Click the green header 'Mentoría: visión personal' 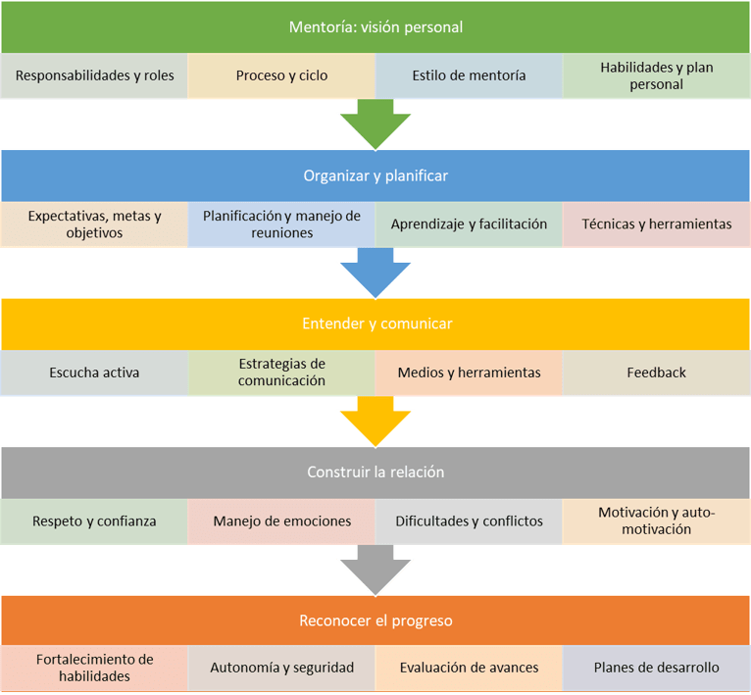click(375, 26)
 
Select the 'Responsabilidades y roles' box click(94, 75)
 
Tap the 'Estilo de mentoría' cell click(469, 75)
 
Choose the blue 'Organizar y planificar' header click(375, 175)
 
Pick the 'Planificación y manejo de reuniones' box click(281, 224)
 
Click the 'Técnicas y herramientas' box click(656, 224)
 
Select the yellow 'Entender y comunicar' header click(375, 323)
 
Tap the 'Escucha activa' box click(94, 372)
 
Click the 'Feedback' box click(656, 372)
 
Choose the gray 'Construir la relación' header click(375, 472)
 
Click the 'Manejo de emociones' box click(281, 521)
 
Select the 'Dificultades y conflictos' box click(469, 521)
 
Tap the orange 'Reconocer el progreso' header click(375, 621)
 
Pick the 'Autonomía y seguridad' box click(281, 669)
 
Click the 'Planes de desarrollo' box click(656, 669)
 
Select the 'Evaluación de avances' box click(469, 669)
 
